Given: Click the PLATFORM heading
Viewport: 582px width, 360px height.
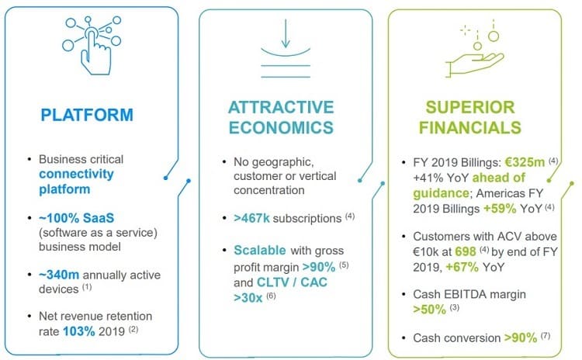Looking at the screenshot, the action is [x=87, y=115].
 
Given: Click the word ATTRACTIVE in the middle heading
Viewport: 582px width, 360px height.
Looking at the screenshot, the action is [x=281, y=107].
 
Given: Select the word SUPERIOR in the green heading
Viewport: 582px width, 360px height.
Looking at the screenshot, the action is [x=470, y=107].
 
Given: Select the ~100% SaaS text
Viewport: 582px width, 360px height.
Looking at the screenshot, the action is [x=77, y=217].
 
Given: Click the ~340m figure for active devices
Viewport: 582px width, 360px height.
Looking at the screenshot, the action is [x=59, y=275].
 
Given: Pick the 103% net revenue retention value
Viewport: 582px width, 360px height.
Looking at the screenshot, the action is [x=79, y=331].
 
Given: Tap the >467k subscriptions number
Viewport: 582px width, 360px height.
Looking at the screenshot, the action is [x=251, y=218].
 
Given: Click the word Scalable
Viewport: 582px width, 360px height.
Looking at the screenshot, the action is [x=260, y=250].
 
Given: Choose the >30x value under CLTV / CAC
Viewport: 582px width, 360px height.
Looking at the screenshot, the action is [x=248, y=298].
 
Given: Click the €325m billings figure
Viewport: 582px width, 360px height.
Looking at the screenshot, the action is [x=525, y=162].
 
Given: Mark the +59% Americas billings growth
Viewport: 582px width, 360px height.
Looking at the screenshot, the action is [x=500, y=208].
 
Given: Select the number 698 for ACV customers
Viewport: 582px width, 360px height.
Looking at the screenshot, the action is [x=466, y=251].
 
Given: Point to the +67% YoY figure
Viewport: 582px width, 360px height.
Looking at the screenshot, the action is [x=462, y=267].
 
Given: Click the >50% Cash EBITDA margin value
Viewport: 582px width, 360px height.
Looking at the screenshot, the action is [x=429, y=309].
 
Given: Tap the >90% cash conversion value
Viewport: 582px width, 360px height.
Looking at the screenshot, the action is [x=521, y=337].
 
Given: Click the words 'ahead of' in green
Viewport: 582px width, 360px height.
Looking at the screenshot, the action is [x=499, y=178].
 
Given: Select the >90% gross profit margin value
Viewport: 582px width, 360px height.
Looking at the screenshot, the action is [x=319, y=267].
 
